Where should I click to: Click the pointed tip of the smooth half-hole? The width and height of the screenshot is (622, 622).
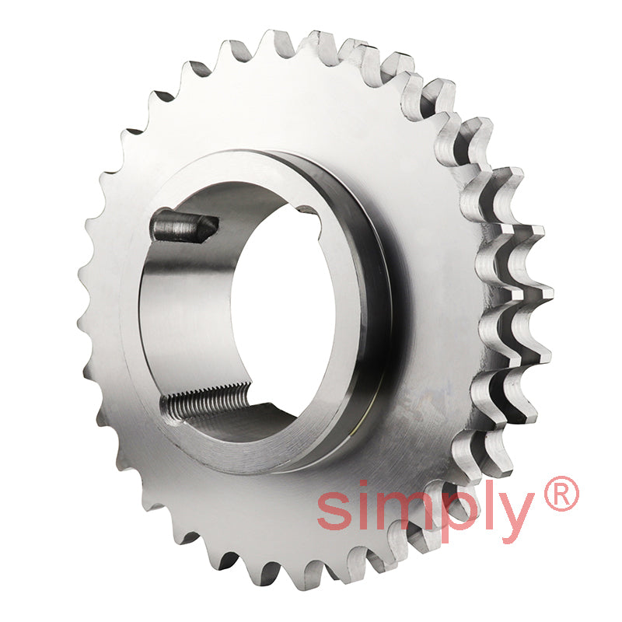[x=213, y=225]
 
